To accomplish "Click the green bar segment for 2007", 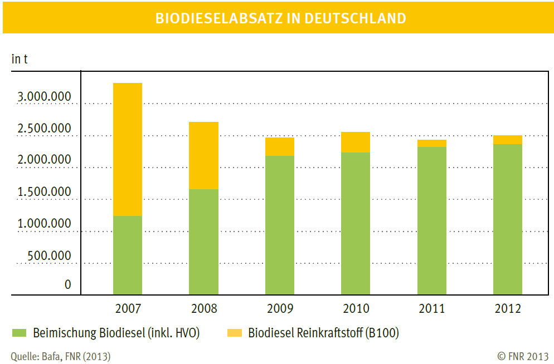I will pos(127,255).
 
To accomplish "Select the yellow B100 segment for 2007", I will pos(127,149).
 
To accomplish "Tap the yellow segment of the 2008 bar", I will pos(203,155).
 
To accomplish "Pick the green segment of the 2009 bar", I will pos(279,225).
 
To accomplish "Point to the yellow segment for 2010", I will pos(356,142).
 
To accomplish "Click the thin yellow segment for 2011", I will pos(432,143).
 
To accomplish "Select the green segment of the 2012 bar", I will pos(508,219).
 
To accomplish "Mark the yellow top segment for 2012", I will pos(508,140).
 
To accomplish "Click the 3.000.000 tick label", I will pos(44,97).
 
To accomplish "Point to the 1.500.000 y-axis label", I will pos(44,192).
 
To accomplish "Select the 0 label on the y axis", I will pos(68,284).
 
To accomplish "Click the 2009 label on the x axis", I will pos(279,308).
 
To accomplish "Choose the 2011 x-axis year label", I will pos(432,308).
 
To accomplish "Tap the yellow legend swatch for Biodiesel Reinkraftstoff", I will pos(235,333).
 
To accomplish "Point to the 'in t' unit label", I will pos(20,59).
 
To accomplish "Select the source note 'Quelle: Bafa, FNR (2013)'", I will pos(60,356).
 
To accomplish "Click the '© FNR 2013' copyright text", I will pos(523,356).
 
